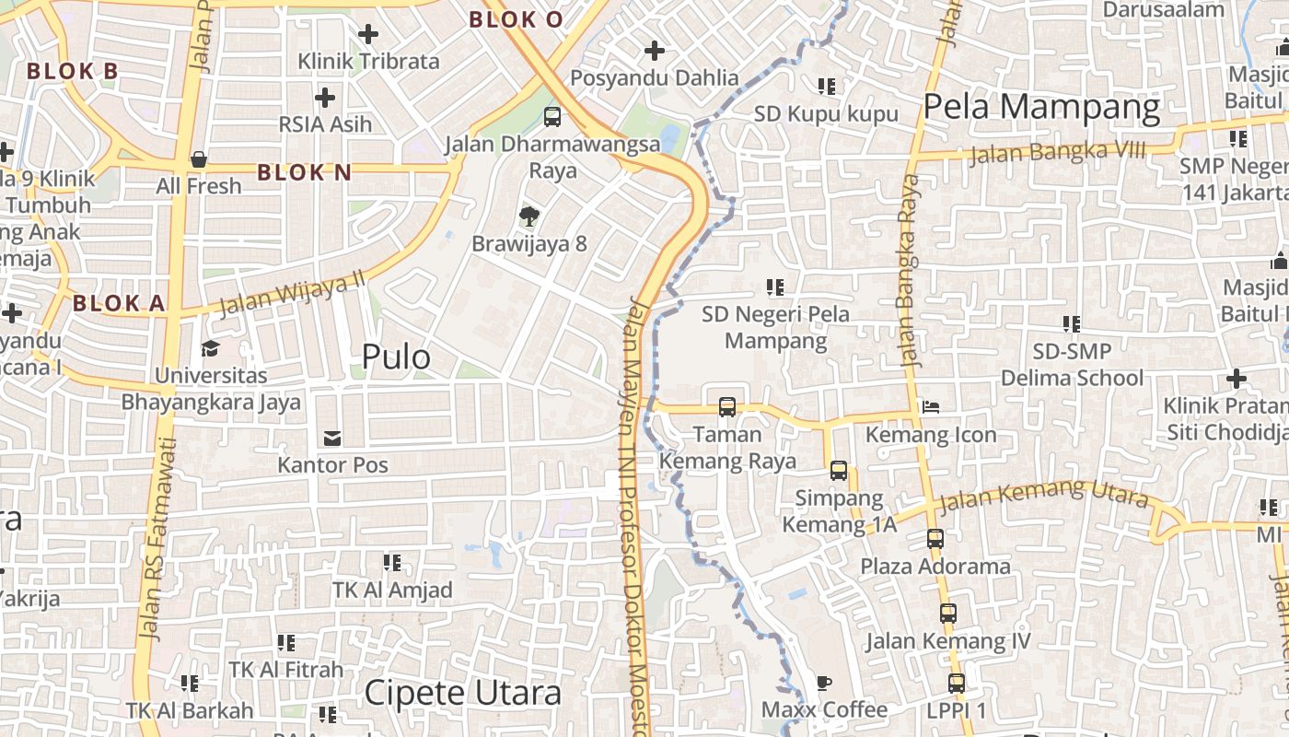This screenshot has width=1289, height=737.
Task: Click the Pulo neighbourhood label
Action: pos(396,357)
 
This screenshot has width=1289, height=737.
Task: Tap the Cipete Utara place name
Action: pos(462,693)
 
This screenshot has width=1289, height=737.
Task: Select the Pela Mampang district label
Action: pos(1041,107)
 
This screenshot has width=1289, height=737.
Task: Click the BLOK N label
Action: pos(305,172)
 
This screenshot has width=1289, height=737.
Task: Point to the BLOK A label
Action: pos(119,303)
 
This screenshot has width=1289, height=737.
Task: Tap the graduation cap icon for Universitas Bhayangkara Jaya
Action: pos(211,348)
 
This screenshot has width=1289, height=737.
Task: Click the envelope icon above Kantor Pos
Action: pos(331,438)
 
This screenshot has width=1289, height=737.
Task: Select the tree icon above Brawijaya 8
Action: pos(528,216)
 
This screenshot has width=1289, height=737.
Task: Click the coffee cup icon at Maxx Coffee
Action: pos(824,683)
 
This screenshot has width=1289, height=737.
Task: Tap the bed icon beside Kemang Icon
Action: pos(931,406)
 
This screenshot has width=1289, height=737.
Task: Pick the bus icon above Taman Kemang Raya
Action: pos(726,406)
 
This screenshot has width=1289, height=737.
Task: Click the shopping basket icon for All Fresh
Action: pos(198,159)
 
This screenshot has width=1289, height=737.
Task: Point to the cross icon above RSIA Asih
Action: pos(325,97)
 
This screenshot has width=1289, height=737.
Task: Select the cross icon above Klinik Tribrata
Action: pos(368,34)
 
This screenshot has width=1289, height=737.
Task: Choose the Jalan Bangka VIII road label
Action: pos(1057,152)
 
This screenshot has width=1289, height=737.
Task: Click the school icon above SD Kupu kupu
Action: pos(826,87)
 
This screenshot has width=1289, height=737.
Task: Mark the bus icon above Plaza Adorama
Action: pos(935,539)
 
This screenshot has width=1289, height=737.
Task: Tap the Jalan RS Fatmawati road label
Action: pos(154,539)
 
